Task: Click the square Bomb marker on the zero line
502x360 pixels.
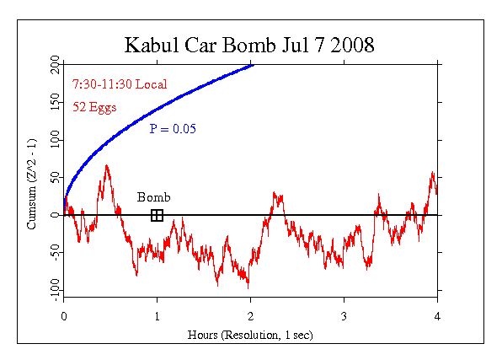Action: [x=157, y=215]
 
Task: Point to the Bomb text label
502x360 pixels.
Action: [x=154, y=198]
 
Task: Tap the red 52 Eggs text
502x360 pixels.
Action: [x=94, y=107]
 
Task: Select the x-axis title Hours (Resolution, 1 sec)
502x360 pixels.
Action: [x=250, y=333]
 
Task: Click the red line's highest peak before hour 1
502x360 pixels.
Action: [x=107, y=166]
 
